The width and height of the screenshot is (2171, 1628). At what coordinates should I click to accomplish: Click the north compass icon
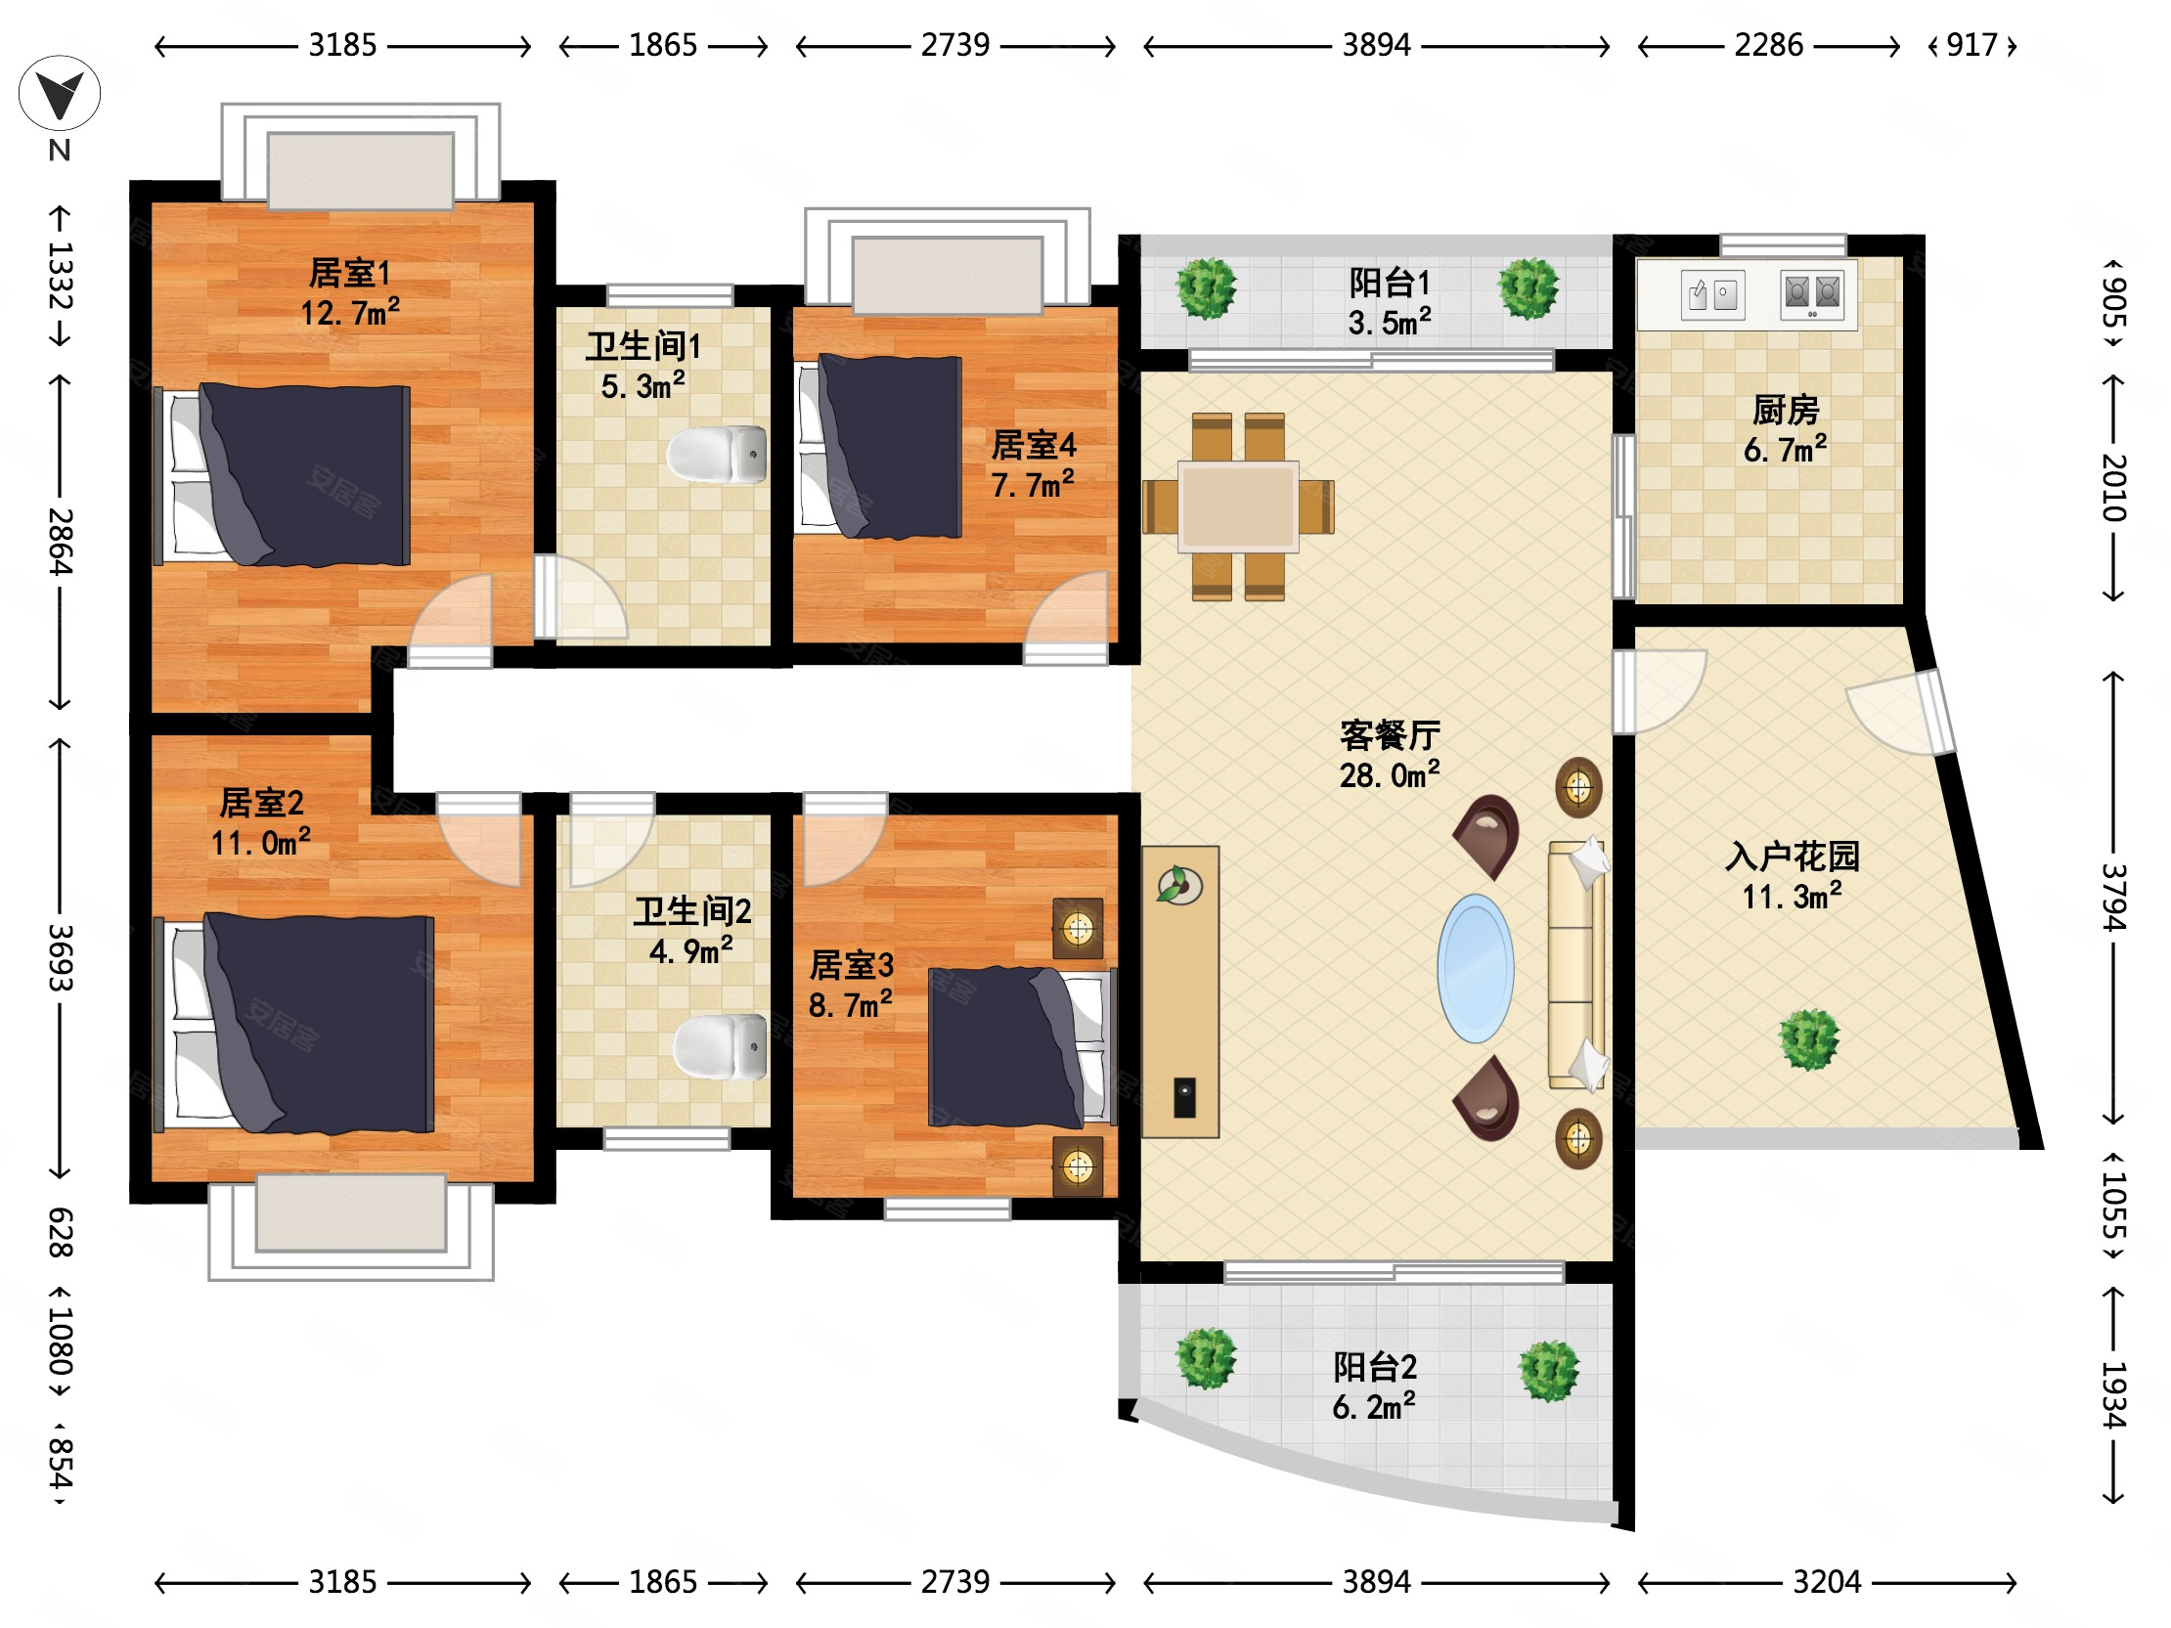click(x=59, y=94)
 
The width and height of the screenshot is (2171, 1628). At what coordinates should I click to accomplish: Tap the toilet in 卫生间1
click(x=718, y=455)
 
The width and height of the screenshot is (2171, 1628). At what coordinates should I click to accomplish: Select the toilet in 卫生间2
click(x=721, y=1046)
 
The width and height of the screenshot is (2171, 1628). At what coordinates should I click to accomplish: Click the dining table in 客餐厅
click(x=1239, y=506)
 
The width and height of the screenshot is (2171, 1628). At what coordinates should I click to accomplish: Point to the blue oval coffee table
click(x=1475, y=968)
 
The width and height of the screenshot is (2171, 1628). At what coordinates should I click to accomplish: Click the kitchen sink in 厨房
click(x=1712, y=294)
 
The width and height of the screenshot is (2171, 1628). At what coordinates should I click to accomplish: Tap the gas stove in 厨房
click(x=1812, y=293)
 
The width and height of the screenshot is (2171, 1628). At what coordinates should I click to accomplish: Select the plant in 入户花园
click(x=1809, y=1039)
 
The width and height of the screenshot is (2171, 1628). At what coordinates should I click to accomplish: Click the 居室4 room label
click(x=1034, y=446)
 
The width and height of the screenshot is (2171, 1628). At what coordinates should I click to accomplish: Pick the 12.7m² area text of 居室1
click(x=350, y=313)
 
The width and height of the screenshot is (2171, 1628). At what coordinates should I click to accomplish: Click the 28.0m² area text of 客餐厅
click(x=1390, y=775)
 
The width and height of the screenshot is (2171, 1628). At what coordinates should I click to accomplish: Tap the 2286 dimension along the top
click(x=1769, y=45)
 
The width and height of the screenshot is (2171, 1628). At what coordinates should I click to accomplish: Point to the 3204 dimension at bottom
click(x=1827, y=1582)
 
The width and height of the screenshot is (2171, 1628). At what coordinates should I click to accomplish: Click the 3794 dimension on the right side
click(x=2114, y=897)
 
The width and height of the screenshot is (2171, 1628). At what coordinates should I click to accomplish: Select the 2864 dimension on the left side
click(x=60, y=541)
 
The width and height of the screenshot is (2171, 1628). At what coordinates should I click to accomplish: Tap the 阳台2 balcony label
click(x=1375, y=1367)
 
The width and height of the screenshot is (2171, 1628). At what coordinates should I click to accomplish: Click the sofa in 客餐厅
click(x=1576, y=965)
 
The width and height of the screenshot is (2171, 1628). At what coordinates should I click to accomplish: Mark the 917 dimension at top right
click(x=1972, y=45)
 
